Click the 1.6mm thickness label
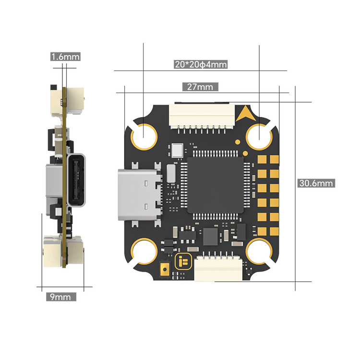pos(65,57)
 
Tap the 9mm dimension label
pos(60,297)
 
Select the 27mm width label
pos(200,87)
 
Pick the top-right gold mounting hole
pos(260,135)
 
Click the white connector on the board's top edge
pos(202,116)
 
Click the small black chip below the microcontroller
pos(210,236)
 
